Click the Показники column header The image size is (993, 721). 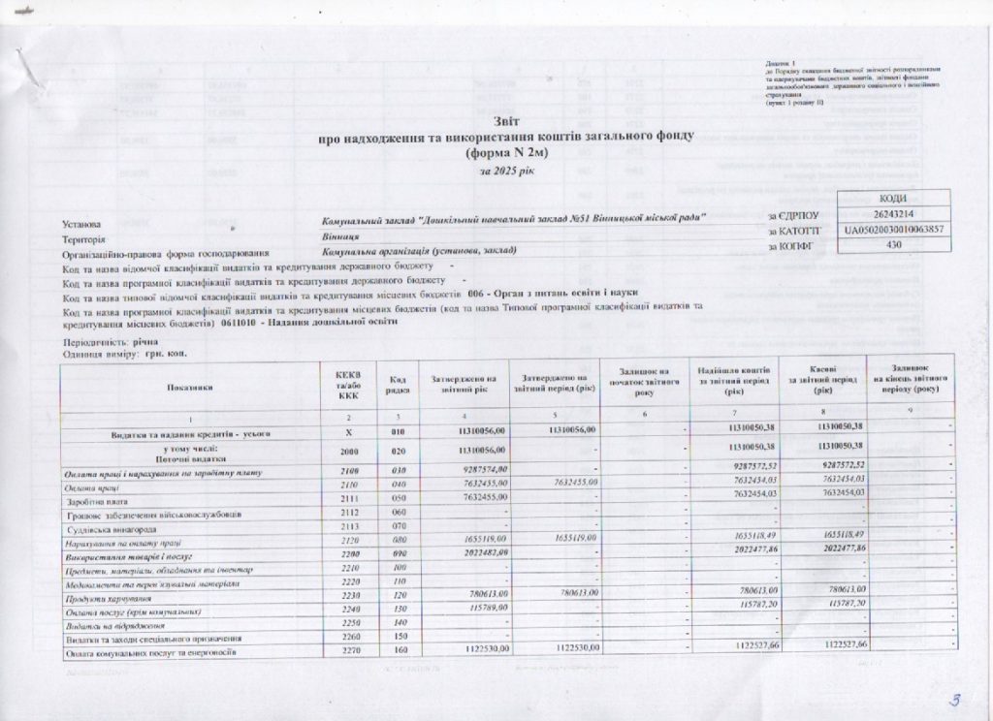tap(190, 387)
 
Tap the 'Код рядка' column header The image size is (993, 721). tap(397, 387)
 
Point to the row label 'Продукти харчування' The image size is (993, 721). tap(105, 598)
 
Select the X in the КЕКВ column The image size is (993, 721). tap(349, 430)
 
